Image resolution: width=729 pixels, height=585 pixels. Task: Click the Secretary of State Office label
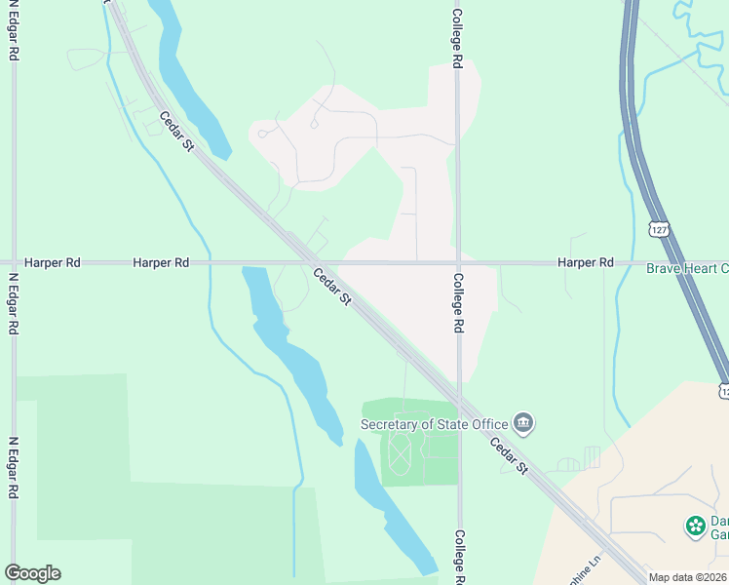[x=434, y=424]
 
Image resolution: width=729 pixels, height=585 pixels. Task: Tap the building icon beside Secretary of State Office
[x=523, y=423]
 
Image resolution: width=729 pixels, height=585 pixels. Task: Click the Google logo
[x=33, y=573]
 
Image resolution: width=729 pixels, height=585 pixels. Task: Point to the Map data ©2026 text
[x=687, y=577]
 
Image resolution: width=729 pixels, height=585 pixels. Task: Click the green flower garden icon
[x=695, y=526]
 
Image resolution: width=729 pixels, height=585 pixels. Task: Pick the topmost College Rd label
[x=457, y=38]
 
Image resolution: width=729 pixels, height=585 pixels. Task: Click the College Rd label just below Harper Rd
[x=457, y=303]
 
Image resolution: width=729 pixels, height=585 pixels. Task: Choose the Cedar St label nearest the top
[x=176, y=131]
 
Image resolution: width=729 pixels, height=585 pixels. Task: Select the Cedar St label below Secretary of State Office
[x=509, y=456]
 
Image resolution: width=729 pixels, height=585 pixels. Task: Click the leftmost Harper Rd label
[x=51, y=262]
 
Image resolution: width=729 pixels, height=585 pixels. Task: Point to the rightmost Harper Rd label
[x=586, y=262]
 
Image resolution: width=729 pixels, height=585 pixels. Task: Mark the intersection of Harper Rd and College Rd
[x=457, y=262]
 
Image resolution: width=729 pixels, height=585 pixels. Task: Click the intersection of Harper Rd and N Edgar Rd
[x=14, y=262]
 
